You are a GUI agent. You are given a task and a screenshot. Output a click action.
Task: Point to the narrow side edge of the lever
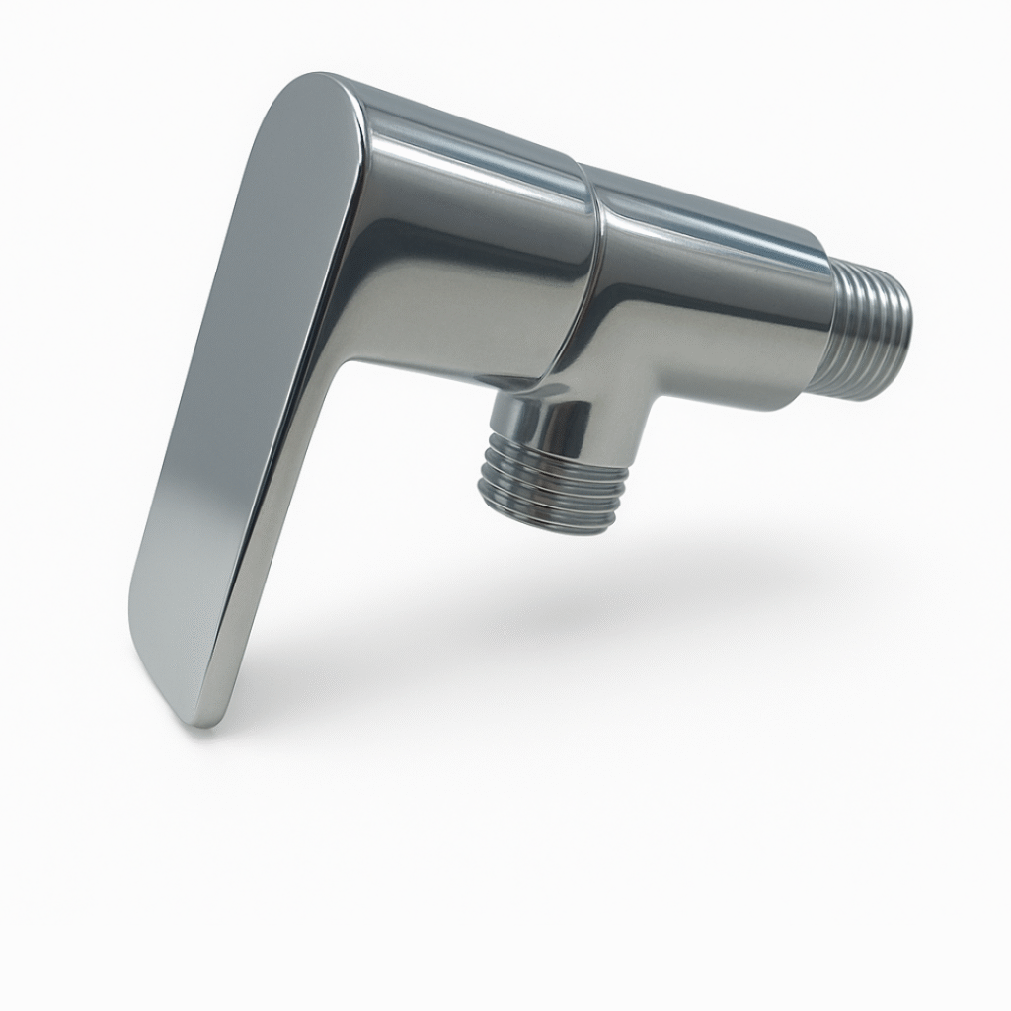coord(286,494)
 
